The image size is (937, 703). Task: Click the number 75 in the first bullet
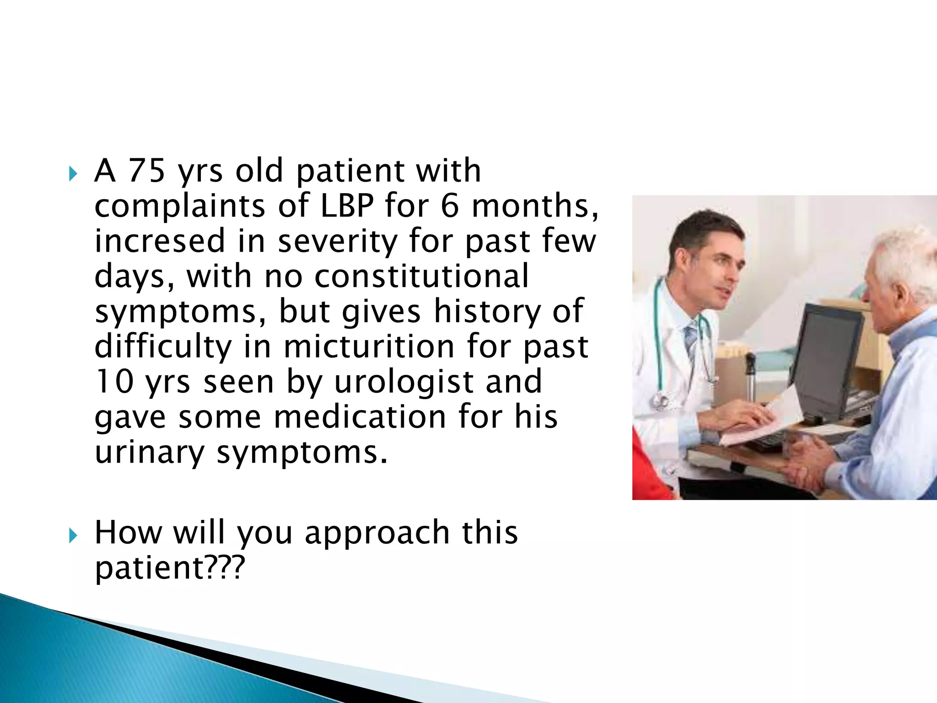[146, 171]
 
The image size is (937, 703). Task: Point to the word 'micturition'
[368, 346]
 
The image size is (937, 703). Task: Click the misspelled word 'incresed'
[160, 241]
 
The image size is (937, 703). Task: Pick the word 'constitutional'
[421, 276]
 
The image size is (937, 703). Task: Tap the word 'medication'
[360, 417]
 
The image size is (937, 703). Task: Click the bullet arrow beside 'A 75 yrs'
[73, 174]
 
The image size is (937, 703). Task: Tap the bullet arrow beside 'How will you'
[73, 535]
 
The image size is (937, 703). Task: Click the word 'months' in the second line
[531, 205]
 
